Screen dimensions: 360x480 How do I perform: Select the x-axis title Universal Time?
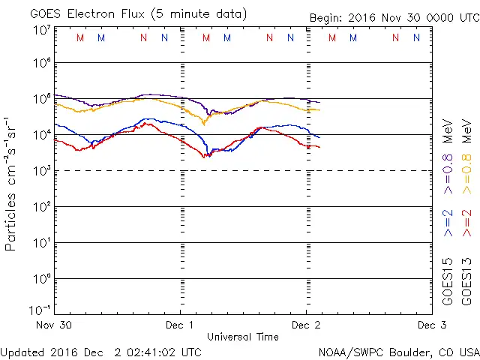pyautogui.click(x=243, y=337)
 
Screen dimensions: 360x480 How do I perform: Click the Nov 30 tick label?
pyautogui.click(x=54, y=325)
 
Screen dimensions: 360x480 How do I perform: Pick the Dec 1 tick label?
pyautogui.click(x=180, y=325)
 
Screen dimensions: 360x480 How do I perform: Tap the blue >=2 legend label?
pyautogui.click(x=448, y=223)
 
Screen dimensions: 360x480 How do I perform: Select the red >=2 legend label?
pyautogui.click(x=467, y=223)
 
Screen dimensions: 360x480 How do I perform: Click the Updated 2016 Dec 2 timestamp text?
pyautogui.click(x=101, y=351)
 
